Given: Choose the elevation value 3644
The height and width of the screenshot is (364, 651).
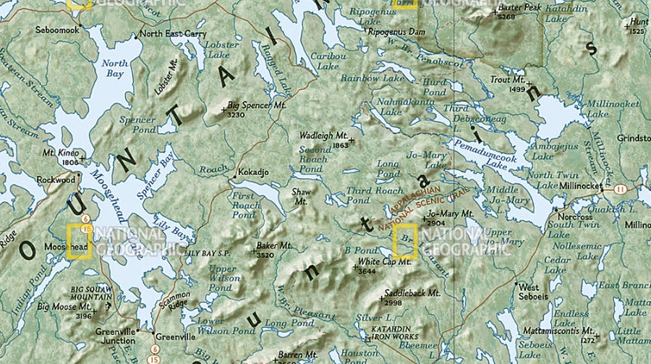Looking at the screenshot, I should point(367,271).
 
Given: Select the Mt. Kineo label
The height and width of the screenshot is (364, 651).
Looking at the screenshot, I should point(60,153).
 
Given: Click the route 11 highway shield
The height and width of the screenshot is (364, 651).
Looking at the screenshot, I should point(620,189).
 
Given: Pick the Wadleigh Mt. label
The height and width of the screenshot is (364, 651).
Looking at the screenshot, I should point(323,135).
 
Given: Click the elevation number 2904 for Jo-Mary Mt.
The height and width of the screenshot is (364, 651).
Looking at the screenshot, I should point(436,224).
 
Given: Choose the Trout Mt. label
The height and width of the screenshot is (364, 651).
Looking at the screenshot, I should point(507,80).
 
